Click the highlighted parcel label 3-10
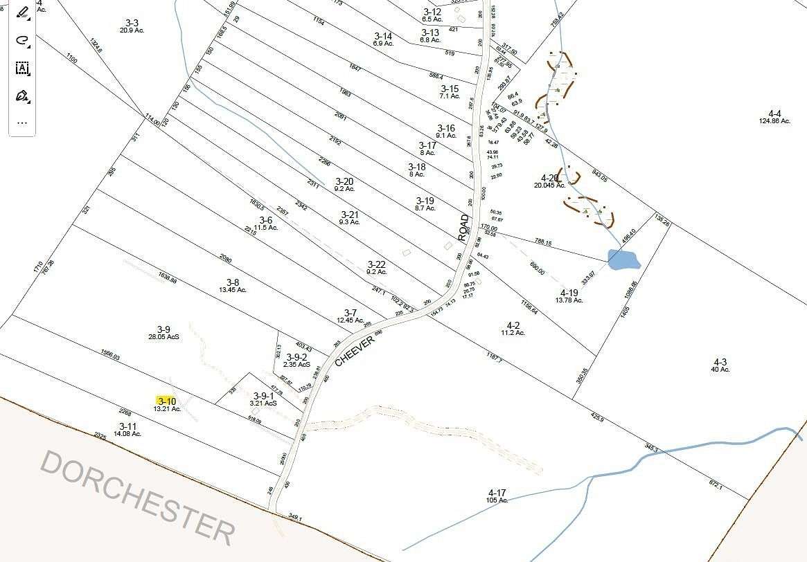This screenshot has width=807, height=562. coord(166,401)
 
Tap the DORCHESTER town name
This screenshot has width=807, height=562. coord(138,496)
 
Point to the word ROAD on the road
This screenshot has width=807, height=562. coord(463,227)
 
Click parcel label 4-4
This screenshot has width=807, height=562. coord(774,114)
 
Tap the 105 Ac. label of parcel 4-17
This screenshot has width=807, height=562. coord(497,500)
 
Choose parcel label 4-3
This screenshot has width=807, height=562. coord(720,361)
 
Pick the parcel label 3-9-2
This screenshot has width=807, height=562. coord(295,357)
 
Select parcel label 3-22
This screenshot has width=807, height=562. coord(376,264)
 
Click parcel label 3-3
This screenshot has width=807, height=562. coord(130,23)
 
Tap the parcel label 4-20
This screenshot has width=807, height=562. coord(550,178)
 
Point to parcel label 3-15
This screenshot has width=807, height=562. coord(450,89)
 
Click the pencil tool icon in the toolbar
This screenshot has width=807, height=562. coord(22,12)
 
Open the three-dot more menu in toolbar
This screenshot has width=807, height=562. coord(22,123)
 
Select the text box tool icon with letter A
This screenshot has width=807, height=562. coord(22,68)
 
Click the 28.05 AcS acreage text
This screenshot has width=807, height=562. coord(163,336)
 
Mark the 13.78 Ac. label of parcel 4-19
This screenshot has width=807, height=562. coord(569,300)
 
